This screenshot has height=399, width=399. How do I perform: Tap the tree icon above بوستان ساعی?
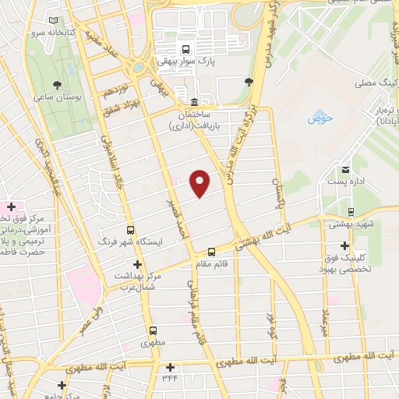[x=57, y=85]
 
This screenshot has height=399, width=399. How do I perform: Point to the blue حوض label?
[x=320, y=118]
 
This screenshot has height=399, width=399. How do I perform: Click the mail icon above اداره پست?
[x=344, y=169]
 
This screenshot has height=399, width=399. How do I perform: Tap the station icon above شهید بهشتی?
[x=351, y=211]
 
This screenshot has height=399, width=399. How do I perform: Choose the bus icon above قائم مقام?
[x=211, y=251]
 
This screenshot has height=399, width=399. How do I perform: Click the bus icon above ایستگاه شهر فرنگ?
[x=130, y=230]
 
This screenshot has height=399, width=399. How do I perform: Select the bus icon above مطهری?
[x=154, y=330]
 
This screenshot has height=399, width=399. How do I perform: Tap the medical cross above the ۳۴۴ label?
[x=170, y=366]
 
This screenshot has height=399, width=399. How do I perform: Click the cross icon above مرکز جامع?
[x=62, y=385]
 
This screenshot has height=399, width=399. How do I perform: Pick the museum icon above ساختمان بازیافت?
[x=194, y=102]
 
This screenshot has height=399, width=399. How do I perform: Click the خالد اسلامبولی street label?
[x=104, y=161]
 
